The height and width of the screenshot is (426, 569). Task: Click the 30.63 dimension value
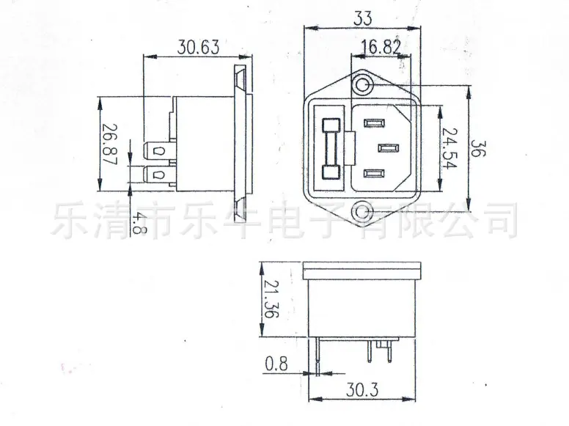[198, 47]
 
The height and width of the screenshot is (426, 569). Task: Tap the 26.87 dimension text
[109, 144]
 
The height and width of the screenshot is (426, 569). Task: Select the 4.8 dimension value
[135, 223]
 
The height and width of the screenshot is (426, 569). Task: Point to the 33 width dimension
[363, 18]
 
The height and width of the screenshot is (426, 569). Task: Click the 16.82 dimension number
[381, 47]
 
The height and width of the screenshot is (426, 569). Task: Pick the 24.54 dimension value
[450, 148]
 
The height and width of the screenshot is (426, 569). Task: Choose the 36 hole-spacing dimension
[477, 148]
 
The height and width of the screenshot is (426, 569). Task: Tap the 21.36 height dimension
[271, 299]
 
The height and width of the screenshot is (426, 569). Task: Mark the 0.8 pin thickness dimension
[276, 364]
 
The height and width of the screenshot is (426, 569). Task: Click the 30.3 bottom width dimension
[361, 390]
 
